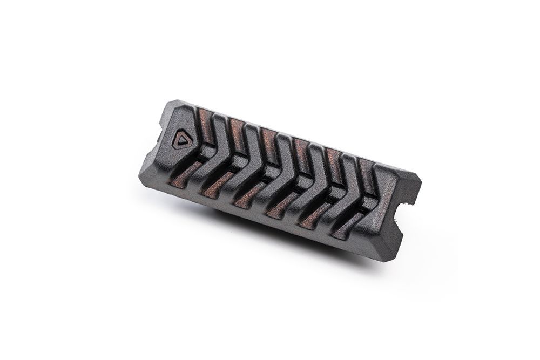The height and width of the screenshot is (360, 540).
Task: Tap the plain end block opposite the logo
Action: pos(391,216)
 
